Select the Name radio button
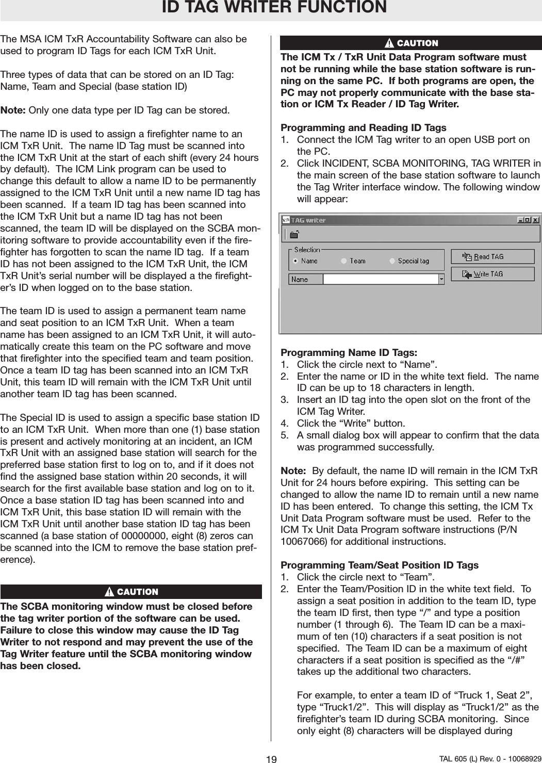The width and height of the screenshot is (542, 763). [x=295, y=261]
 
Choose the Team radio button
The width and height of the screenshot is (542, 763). [x=344, y=261]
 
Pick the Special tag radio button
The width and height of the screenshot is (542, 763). [x=392, y=261]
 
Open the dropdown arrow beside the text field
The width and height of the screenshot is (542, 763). [x=441, y=279]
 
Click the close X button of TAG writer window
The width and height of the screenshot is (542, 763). [x=536, y=220]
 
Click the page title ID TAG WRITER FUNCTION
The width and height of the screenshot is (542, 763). [x=274, y=8]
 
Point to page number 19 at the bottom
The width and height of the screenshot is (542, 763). [x=271, y=759]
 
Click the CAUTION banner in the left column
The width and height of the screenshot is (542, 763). [x=132, y=592]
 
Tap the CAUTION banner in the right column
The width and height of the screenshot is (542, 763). [x=411, y=43]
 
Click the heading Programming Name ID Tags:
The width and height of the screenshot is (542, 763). [x=349, y=353]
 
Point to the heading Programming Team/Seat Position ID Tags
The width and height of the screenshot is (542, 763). [x=380, y=565]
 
